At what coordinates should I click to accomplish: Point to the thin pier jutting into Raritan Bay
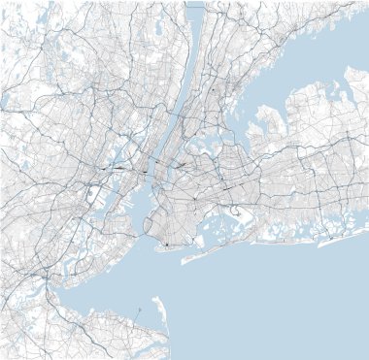point(139,310)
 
